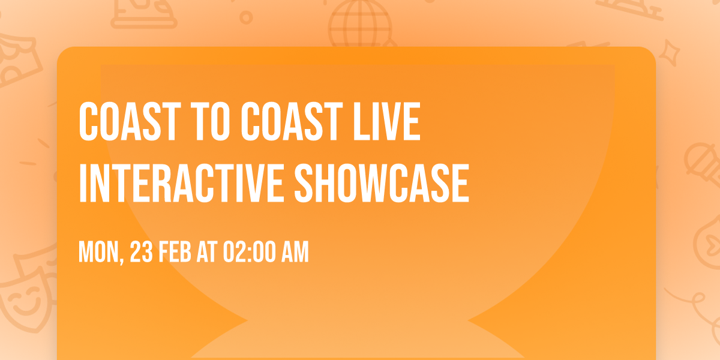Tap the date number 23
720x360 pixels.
point(143,253)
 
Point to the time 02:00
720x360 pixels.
point(249,253)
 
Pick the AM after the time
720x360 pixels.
point(295,253)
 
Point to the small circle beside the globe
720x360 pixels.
point(246,17)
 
